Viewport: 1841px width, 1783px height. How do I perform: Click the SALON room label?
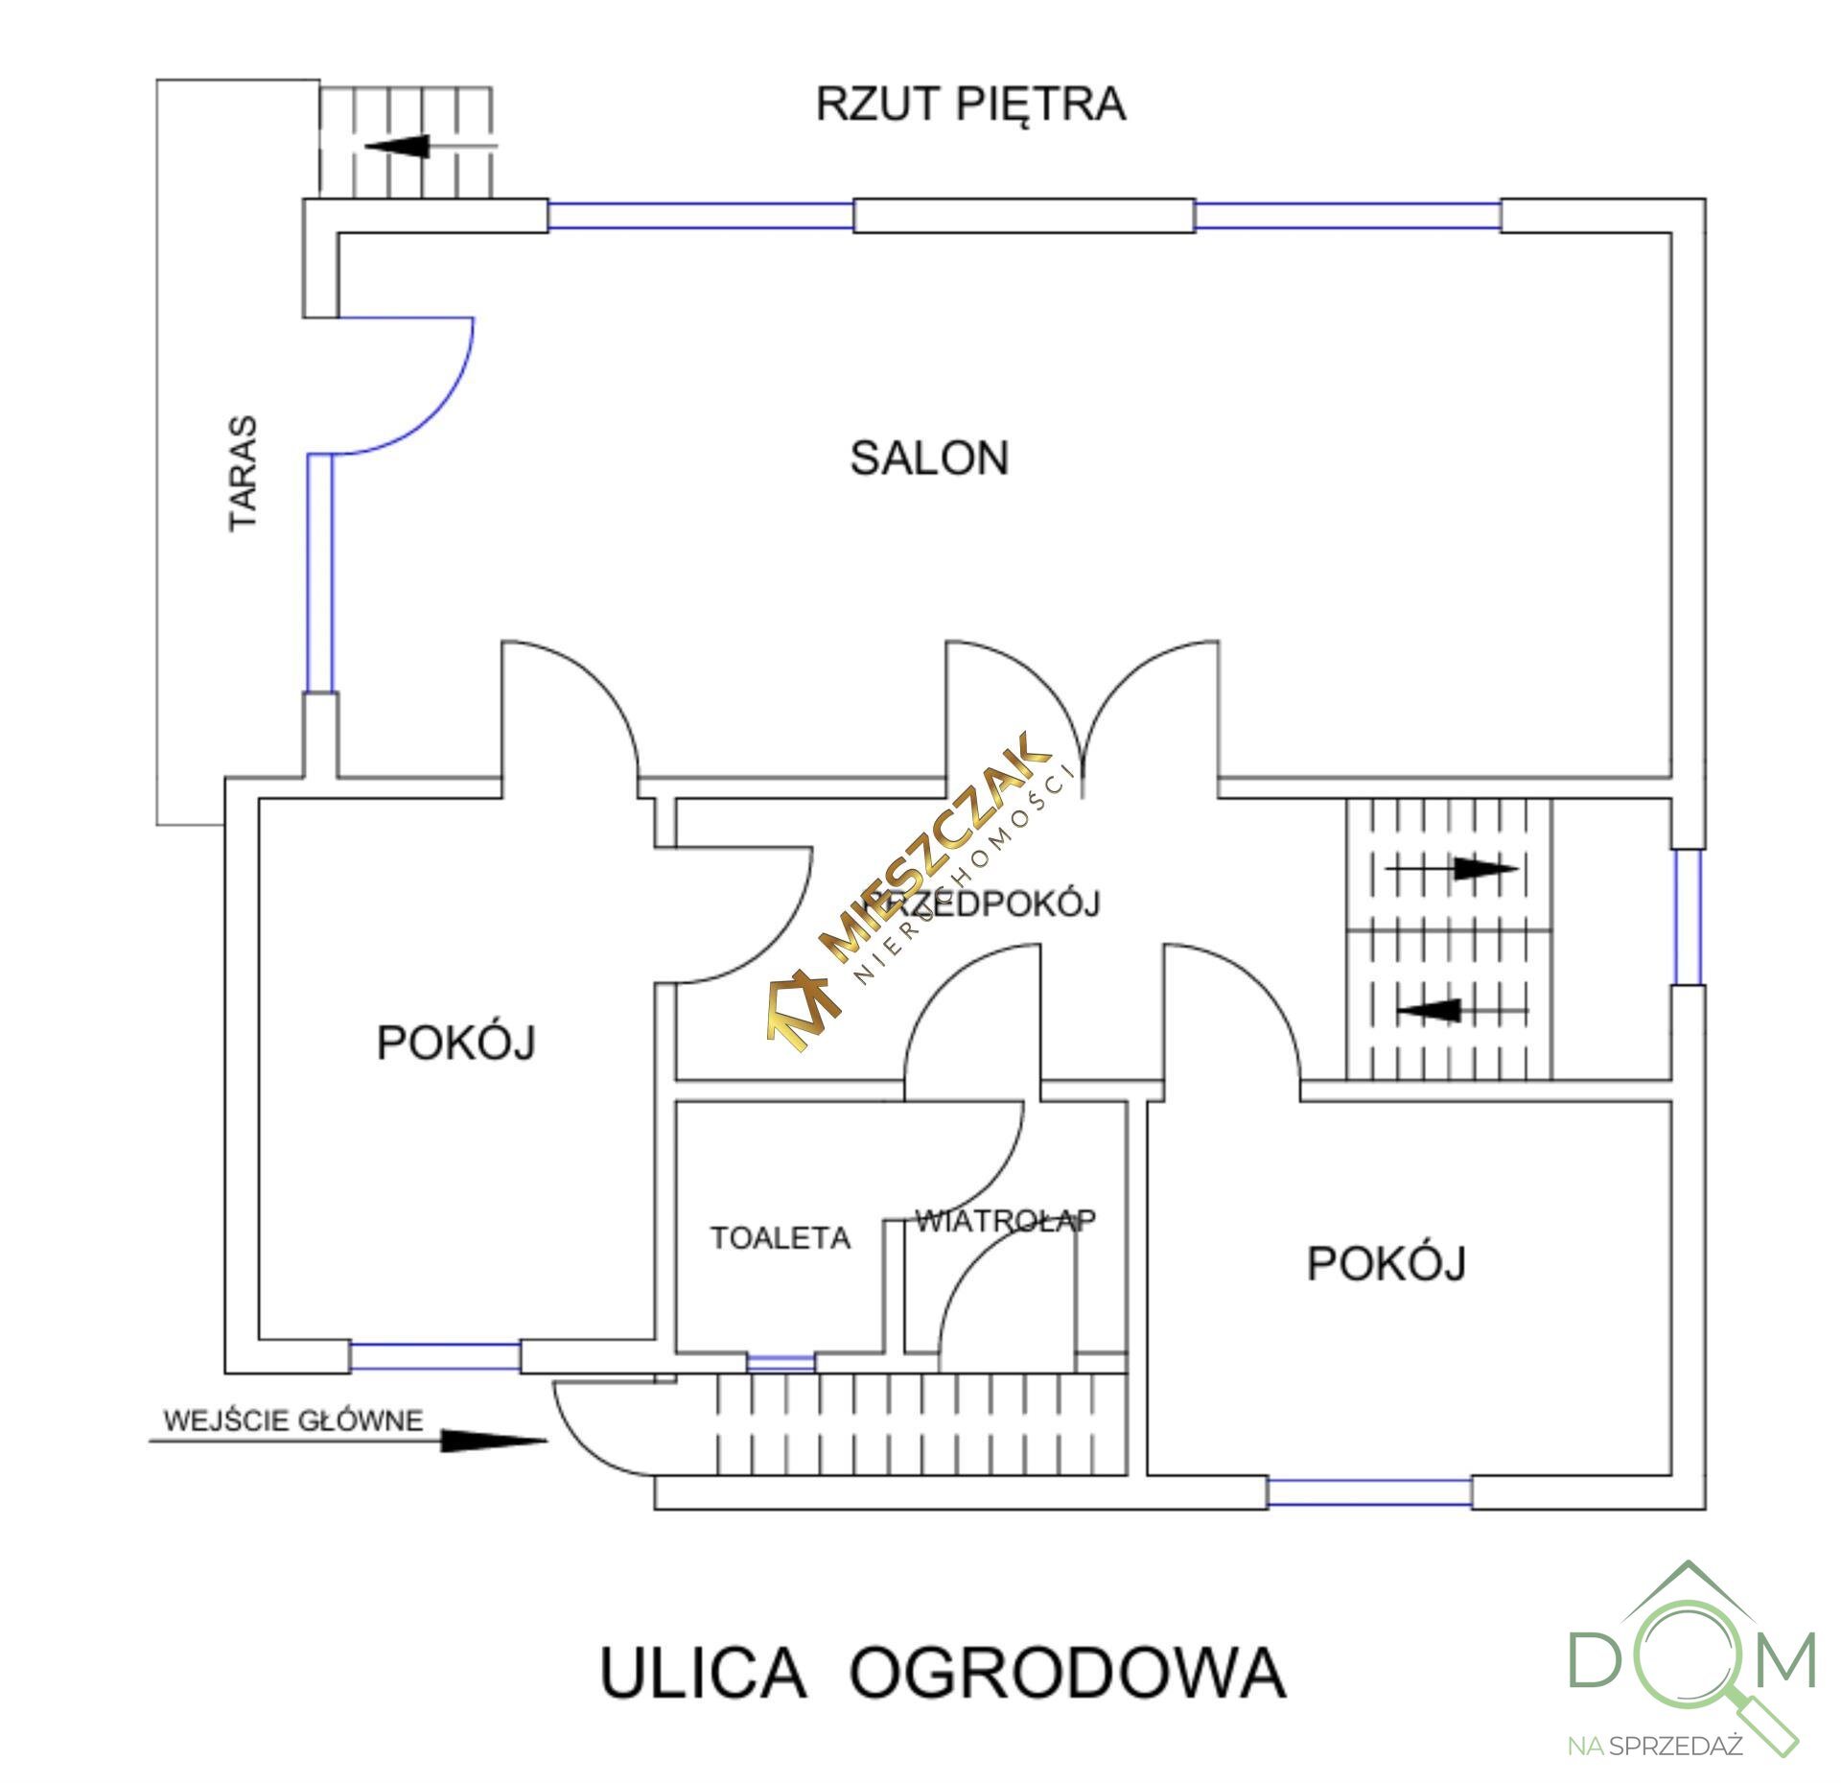tap(929, 458)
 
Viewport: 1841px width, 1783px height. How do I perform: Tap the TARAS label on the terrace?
tap(244, 473)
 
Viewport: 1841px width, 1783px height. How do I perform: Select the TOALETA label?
tap(780, 1238)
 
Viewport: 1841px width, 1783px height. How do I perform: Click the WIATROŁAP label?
tap(1005, 1220)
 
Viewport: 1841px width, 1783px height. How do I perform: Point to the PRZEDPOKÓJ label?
tap(983, 903)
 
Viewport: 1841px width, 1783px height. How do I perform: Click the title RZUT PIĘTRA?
tap(970, 104)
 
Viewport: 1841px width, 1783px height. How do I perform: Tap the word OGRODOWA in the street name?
tap(1066, 1673)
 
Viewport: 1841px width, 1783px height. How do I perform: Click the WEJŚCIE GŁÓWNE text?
tap(293, 1419)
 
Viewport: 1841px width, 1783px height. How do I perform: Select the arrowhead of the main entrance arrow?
tap(494, 1440)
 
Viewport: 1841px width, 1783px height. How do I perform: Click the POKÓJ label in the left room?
tap(455, 1044)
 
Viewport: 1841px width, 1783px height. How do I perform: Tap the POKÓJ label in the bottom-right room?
tap(1386, 1264)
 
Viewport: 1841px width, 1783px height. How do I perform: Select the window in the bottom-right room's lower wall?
tap(1369, 1491)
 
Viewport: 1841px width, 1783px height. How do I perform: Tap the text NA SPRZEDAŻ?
tap(1655, 1745)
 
